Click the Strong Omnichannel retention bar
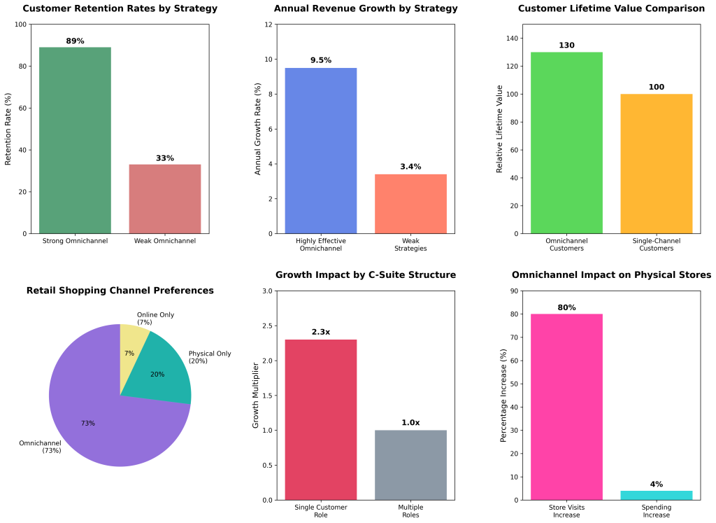point(75,140)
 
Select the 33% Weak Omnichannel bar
point(165,199)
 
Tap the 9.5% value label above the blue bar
point(321,60)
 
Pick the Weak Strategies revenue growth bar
point(410,204)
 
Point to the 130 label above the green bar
point(566,45)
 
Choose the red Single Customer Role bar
point(321,419)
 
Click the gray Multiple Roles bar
point(410,465)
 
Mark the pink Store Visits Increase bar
point(566,407)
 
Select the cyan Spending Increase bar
point(656,495)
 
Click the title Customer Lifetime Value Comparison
point(611,8)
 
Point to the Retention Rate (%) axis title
point(8,129)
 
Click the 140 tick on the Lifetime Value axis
point(515,39)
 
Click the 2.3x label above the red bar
point(321,332)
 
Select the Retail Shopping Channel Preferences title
point(120,291)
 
